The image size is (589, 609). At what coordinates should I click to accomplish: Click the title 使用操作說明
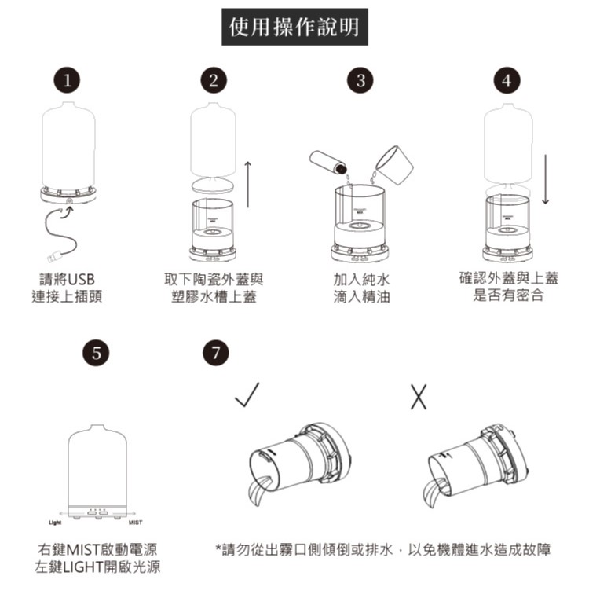click(294, 27)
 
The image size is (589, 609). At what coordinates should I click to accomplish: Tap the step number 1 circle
click(67, 80)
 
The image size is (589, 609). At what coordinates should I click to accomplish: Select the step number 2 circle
click(214, 80)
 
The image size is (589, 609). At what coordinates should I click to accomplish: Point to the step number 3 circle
click(360, 80)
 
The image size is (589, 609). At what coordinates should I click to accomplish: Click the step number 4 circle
click(507, 80)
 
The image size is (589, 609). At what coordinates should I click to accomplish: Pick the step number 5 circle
click(96, 353)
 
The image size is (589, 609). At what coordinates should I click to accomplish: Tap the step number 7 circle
click(215, 353)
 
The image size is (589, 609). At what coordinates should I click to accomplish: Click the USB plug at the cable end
click(54, 257)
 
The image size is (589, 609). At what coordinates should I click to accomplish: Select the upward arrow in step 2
click(248, 185)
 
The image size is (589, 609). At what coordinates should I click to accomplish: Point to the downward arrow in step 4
click(546, 179)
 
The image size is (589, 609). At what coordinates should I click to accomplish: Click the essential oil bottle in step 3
click(328, 163)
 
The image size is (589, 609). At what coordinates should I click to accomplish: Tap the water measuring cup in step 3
click(393, 165)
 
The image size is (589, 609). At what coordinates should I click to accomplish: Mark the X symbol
click(419, 397)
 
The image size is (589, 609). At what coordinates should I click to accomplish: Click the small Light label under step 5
click(55, 523)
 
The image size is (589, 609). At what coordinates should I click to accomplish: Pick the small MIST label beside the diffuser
click(135, 523)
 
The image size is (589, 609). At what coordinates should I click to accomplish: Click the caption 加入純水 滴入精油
click(361, 288)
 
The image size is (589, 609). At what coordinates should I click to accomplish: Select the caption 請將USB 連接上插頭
click(67, 288)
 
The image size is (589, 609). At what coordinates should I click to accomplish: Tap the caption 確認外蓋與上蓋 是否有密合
click(509, 287)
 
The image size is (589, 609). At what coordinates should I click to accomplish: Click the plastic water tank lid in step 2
click(213, 184)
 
